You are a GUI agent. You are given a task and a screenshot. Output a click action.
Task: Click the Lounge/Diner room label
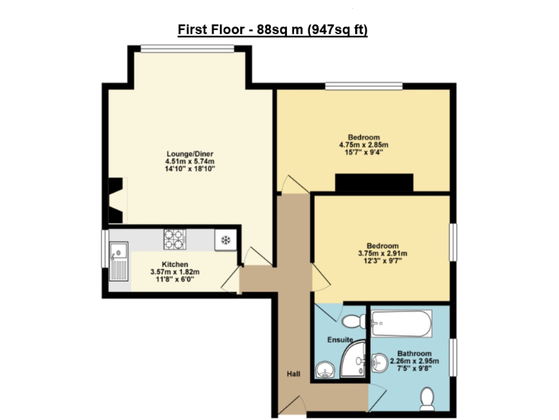coord(190,154)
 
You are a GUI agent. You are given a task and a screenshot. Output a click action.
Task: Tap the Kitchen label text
coord(175,264)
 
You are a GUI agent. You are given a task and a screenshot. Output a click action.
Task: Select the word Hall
coord(293,374)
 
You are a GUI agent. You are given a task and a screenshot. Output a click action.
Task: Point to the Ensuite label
coord(340,340)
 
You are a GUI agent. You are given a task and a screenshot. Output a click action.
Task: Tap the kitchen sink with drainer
coord(118,262)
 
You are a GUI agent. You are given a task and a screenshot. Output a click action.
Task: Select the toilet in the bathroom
coord(428,397)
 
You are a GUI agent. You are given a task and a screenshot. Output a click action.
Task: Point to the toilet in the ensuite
coord(354,321)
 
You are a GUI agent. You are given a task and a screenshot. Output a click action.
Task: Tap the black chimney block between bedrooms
coord(373,182)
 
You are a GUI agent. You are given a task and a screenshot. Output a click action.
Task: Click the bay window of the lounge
coord(188,49)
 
